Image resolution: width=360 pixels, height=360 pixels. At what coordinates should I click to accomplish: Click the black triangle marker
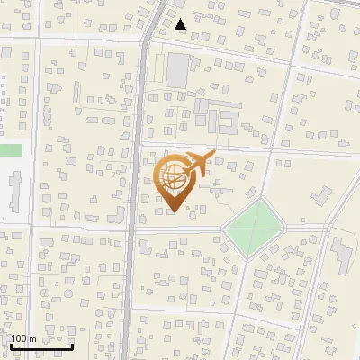coord(182,24)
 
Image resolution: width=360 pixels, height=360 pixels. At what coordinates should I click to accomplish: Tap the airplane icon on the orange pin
coord(196,164)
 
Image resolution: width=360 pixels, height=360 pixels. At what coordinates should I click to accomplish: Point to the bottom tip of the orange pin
coord(174,211)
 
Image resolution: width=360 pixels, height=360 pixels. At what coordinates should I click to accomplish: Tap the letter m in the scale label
coord(33,338)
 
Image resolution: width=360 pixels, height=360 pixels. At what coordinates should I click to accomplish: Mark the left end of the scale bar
coord(10,346)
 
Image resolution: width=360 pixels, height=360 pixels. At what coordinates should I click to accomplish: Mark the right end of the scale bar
coord(73,346)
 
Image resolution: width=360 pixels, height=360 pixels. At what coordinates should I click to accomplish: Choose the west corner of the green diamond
coord(223,229)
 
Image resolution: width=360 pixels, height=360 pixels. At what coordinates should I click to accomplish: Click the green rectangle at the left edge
coord(10,150)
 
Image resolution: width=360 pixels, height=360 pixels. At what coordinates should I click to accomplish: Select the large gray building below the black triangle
coord(179,68)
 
